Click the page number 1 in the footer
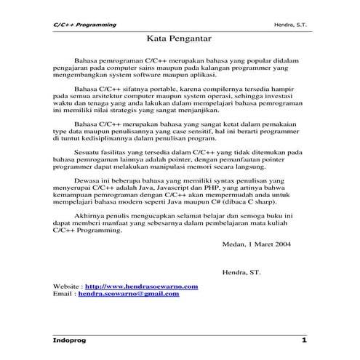coord(304,340)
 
